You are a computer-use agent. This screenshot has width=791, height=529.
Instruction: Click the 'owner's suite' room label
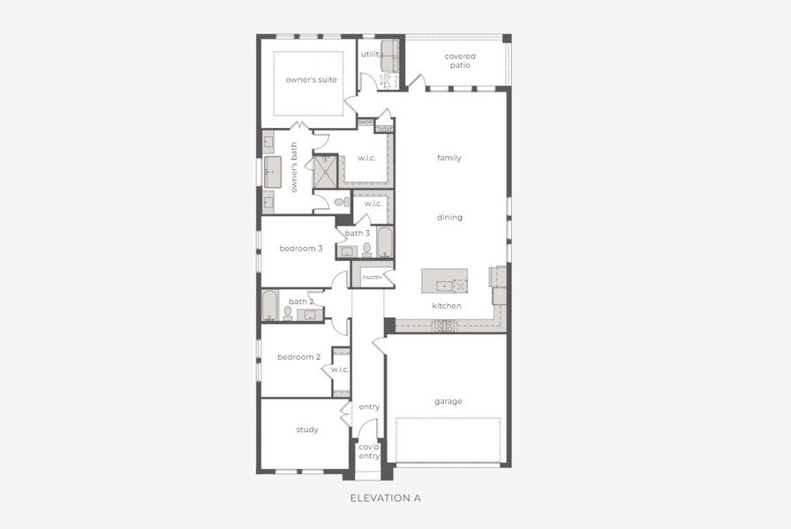(x=311, y=80)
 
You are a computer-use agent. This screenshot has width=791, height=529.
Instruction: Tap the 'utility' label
(x=372, y=54)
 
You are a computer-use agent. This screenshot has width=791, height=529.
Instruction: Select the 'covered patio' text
(x=460, y=61)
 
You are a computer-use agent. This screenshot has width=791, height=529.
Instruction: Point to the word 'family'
(x=449, y=159)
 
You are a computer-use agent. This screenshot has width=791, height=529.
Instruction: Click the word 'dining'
(x=449, y=218)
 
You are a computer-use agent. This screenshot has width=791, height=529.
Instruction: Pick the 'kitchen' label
(x=447, y=306)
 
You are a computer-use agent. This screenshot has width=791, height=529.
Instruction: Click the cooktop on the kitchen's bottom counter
(x=443, y=325)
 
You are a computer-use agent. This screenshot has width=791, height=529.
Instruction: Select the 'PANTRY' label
(x=372, y=278)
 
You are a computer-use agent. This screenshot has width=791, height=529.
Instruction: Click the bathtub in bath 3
(x=384, y=242)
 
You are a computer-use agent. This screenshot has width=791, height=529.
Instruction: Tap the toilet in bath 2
(x=288, y=313)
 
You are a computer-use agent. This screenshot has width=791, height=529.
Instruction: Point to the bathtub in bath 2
(x=269, y=305)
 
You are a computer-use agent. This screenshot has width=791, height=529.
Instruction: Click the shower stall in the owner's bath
(x=326, y=171)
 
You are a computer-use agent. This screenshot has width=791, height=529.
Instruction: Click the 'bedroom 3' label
(x=300, y=249)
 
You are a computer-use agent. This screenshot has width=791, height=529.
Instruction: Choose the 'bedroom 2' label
(x=298, y=357)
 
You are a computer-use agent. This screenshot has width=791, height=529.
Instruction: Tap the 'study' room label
(x=307, y=430)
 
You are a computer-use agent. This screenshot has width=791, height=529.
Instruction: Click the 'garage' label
(x=448, y=401)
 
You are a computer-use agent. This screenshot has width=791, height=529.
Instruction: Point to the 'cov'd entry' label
(x=369, y=451)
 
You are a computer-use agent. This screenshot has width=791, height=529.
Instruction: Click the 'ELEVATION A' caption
(x=386, y=498)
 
